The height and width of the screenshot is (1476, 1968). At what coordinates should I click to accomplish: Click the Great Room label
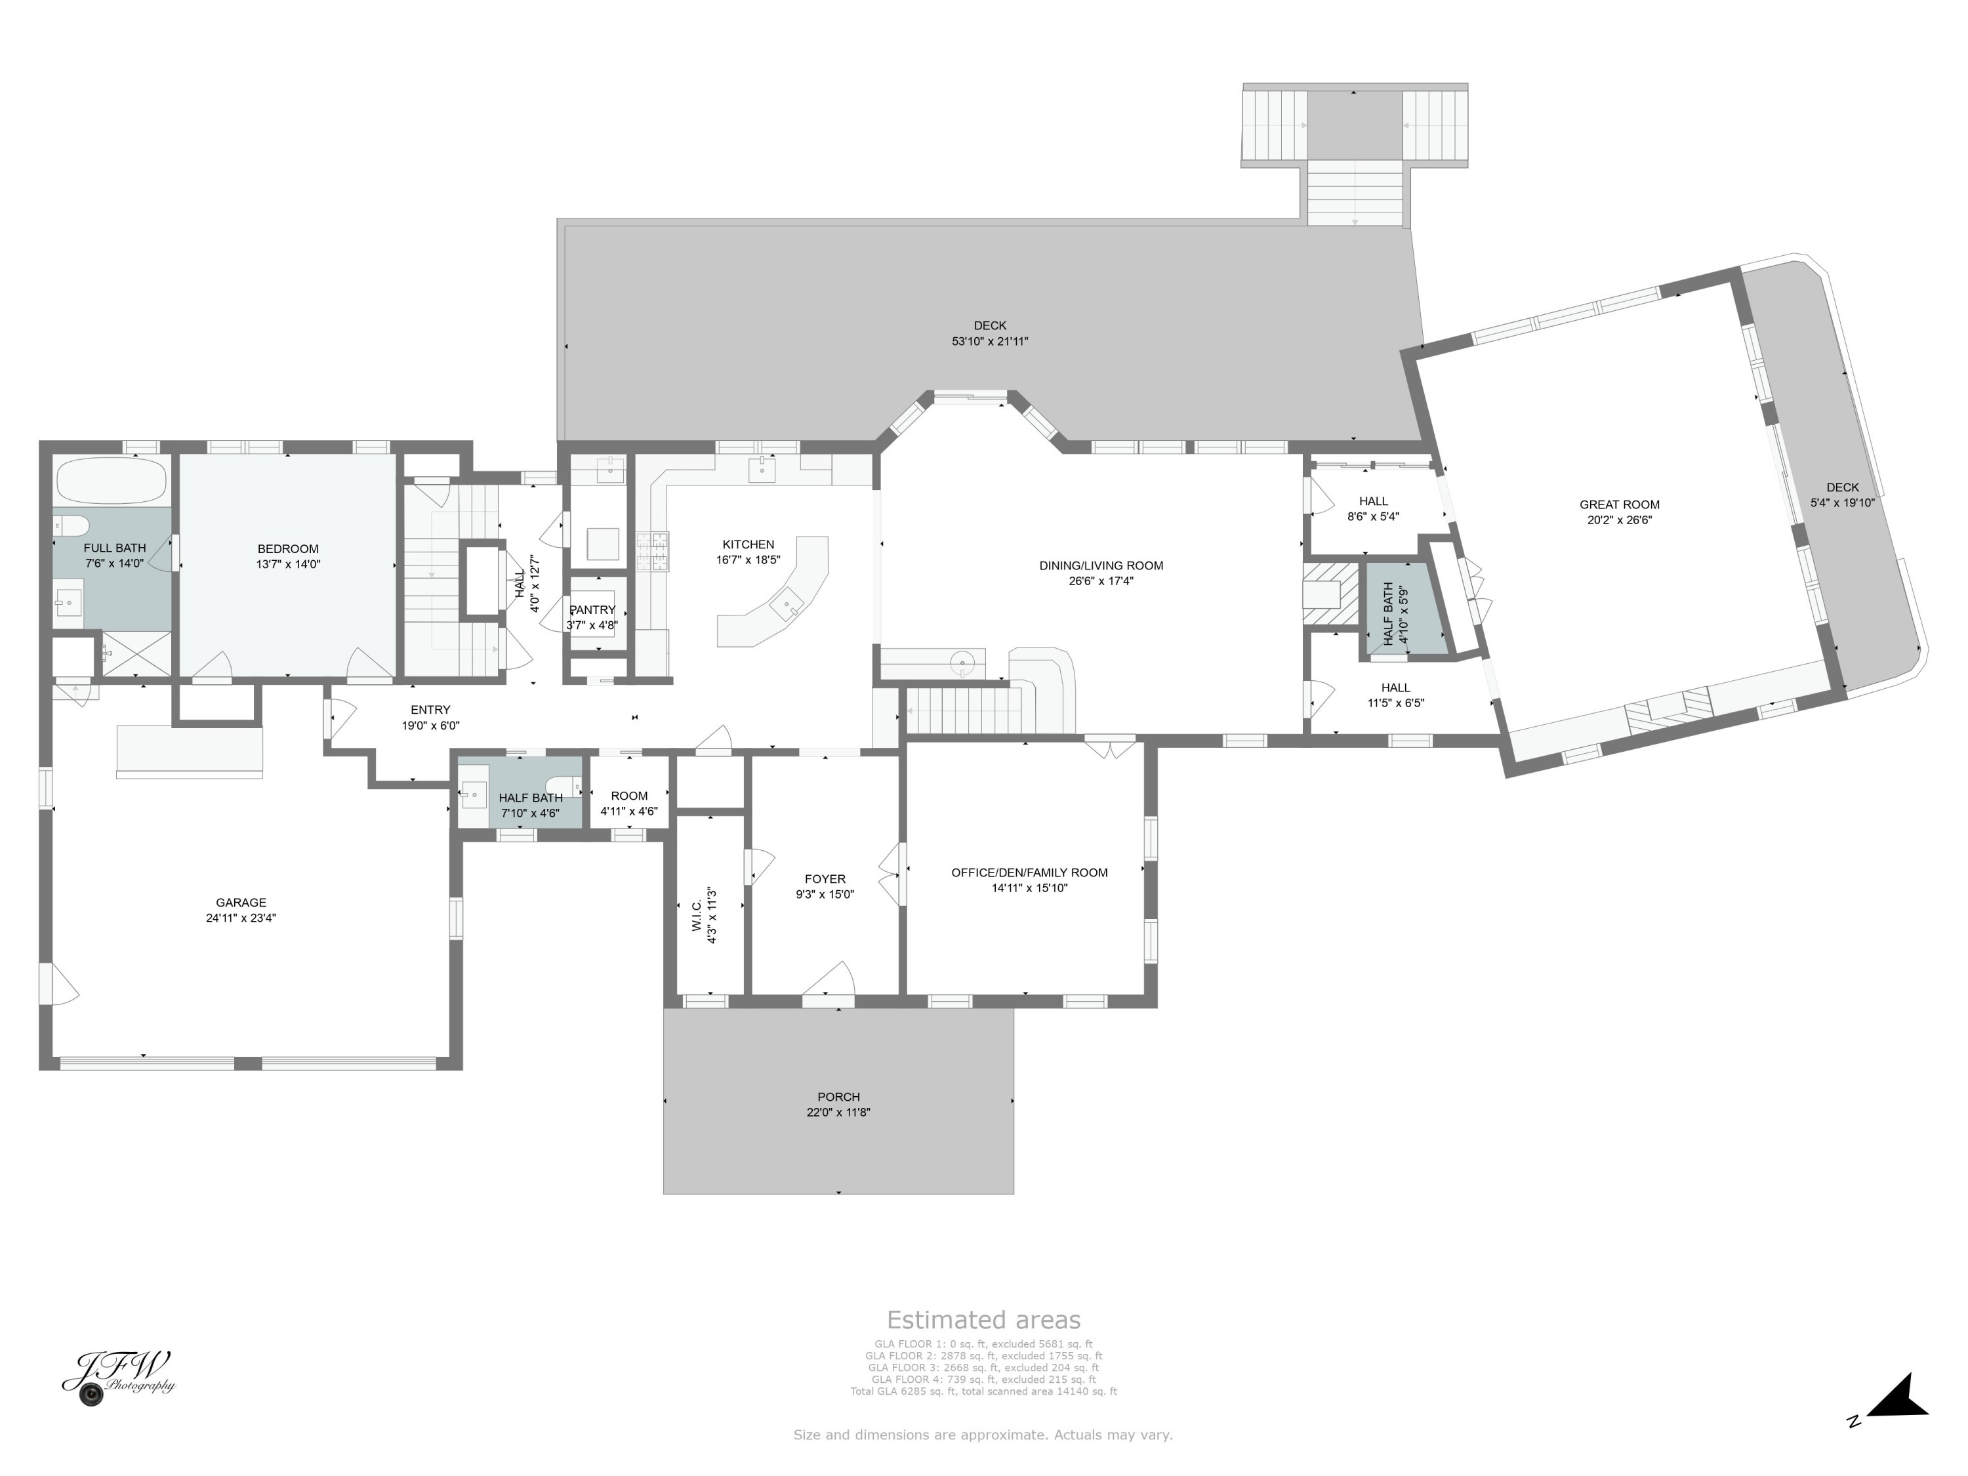click(1619, 504)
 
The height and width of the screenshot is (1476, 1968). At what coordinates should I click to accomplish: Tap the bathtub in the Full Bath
click(112, 482)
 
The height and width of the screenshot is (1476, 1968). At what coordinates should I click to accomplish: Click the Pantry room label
click(592, 609)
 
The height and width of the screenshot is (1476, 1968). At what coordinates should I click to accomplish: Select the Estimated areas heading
click(983, 1319)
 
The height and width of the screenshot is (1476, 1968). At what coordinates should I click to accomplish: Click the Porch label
click(838, 1097)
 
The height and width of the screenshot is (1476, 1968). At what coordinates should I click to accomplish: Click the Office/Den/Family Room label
click(1029, 872)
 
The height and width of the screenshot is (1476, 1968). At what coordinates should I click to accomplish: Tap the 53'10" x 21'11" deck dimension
click(989, 340)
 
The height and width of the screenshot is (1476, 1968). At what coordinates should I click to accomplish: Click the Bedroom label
click(287, 549)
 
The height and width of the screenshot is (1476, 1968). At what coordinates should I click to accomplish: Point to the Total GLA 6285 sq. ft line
click(983, 1391)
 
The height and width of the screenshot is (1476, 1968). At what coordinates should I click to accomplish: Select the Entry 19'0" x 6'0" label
click(430, 710)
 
